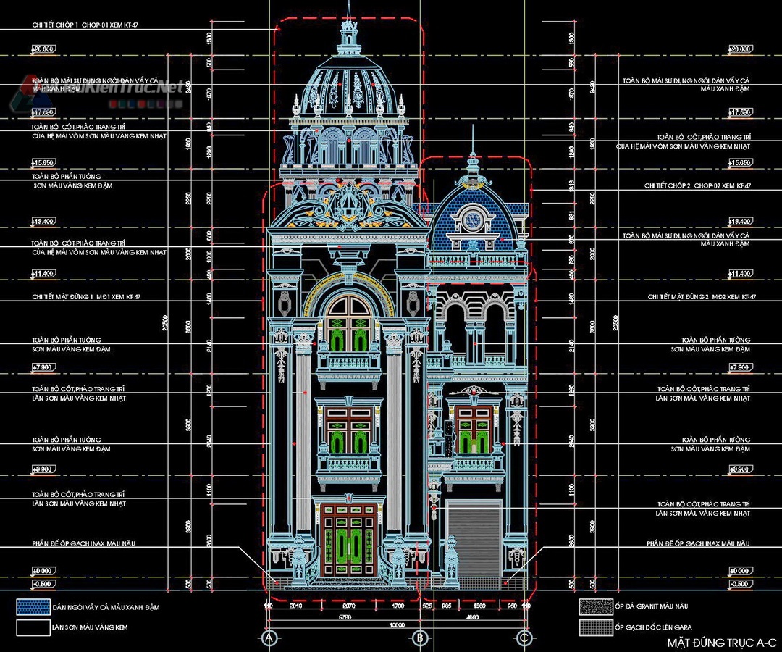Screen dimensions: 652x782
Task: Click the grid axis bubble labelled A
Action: pyautogui.click(x=269, y=638)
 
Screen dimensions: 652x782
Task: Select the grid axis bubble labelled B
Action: pyautogui.click(x=419, y=638)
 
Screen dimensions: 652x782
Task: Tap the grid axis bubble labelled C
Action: pyautogui.click(x=524, y=638)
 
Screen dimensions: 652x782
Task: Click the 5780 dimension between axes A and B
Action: pyautogui.click(x=345, y=617)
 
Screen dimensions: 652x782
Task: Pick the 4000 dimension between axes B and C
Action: pyautogui.click(x=471, y=617)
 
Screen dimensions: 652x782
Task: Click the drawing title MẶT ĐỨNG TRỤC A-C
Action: pyautogui.click(x=721, y=643)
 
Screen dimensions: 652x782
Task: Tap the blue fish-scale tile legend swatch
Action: pyautogui.click(x=32, y=607)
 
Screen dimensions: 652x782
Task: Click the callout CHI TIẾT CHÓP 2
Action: pyautogui.click(x=697, y=186)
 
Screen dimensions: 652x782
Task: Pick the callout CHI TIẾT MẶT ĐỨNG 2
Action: pyautogui.click(x=701, y=297)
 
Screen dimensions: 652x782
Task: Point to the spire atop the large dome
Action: pyautogui.click(x=348, y=22)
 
